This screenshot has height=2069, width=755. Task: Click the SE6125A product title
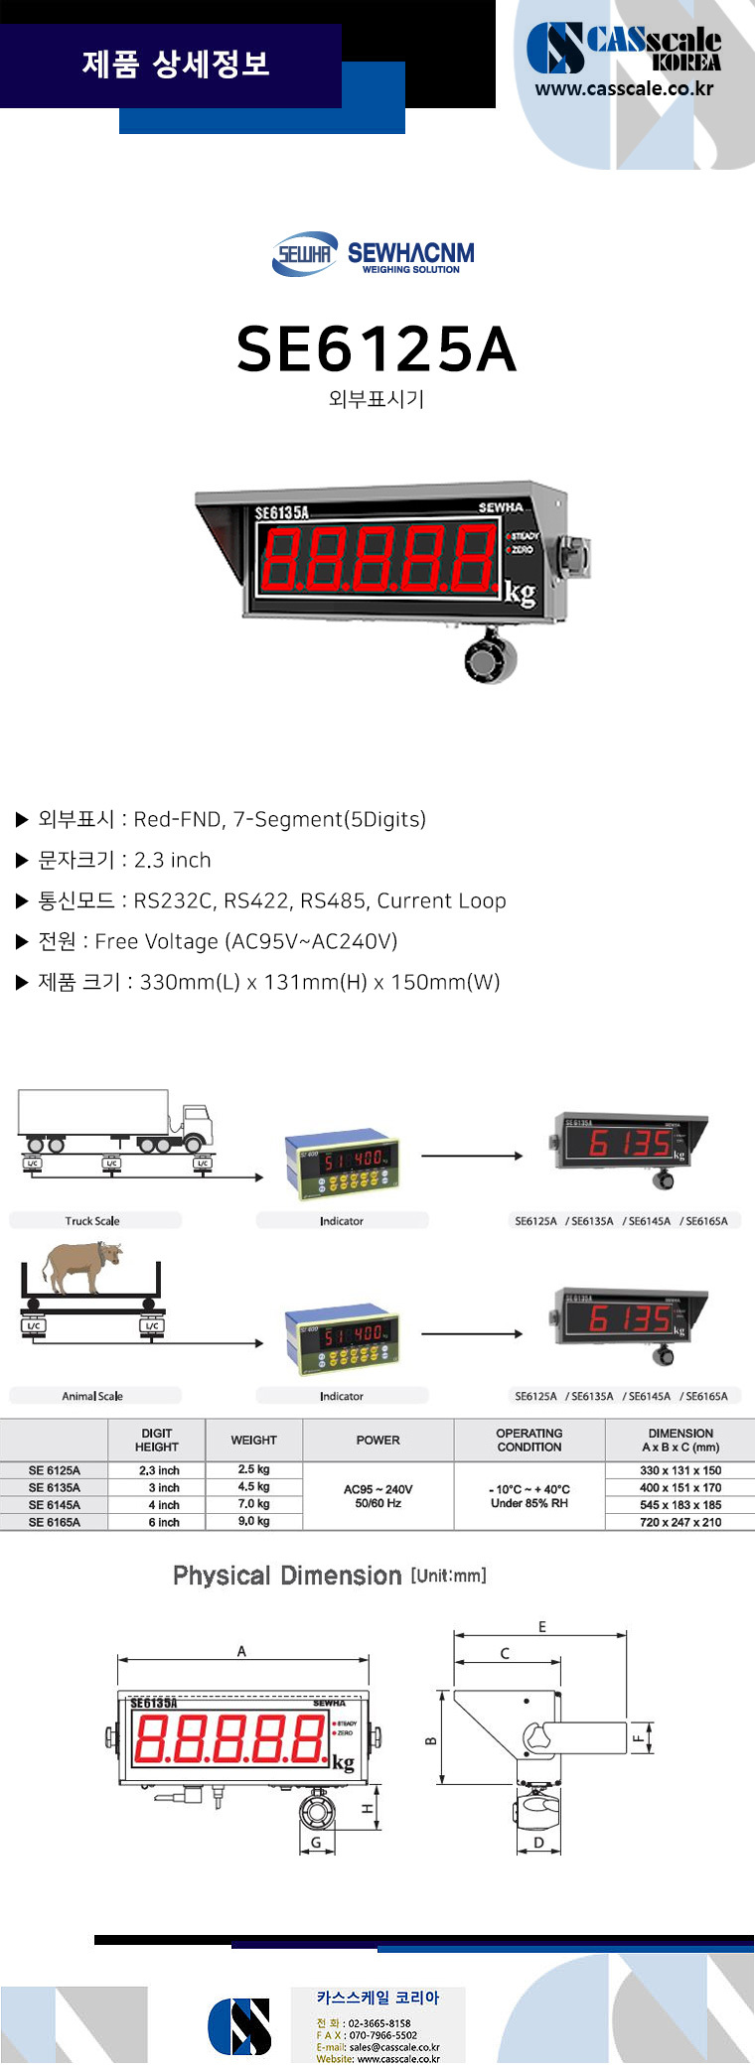coord(377,349)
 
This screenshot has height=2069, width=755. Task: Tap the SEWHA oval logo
coord(304,255)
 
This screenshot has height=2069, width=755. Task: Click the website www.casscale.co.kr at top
coord(624,88)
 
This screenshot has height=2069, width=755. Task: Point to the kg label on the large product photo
coord(520,594)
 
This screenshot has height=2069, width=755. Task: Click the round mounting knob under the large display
coord(489,658)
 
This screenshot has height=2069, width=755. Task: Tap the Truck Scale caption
coord(92,1221)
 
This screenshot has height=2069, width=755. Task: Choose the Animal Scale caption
coord(92,1396)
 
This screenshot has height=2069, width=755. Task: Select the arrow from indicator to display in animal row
coord(472,1333)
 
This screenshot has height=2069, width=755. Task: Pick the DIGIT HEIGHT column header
coord(157,1441)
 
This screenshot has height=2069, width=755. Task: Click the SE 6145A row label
coord(55,1505)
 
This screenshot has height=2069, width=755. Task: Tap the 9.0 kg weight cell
coord(253,1521)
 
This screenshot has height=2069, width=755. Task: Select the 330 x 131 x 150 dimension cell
coord(680,1470)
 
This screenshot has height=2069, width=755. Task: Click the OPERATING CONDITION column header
coord(528,1441)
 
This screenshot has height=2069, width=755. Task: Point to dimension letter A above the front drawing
coord(241,1652)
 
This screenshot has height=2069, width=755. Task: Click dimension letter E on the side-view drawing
coord(542,1627)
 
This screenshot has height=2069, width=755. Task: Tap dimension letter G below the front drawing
coord(316,1843)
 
